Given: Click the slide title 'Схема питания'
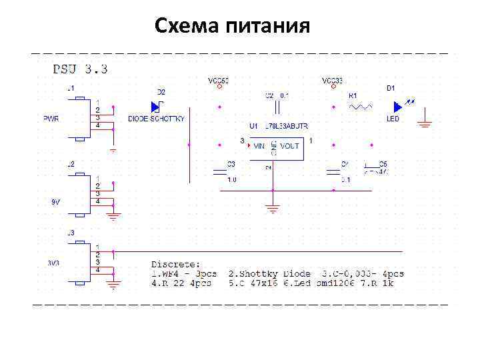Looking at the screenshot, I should (232, 26).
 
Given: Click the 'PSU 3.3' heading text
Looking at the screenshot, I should (81, 69).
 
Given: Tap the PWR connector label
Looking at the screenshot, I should (51, 119).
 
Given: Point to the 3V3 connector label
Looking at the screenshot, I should (53, 263).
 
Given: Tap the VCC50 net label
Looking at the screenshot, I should (219, 81).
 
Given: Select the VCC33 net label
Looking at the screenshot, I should (332, 81).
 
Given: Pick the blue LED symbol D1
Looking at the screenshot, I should (399, 106).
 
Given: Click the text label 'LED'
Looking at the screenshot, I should (393, 119).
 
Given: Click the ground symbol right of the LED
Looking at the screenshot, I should (424, 122).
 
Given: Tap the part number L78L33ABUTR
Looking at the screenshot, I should (287, 126).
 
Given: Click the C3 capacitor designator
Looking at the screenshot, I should (231, 163).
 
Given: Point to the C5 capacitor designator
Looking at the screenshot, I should (383, 163).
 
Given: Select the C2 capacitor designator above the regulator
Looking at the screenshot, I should (269, 95).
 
